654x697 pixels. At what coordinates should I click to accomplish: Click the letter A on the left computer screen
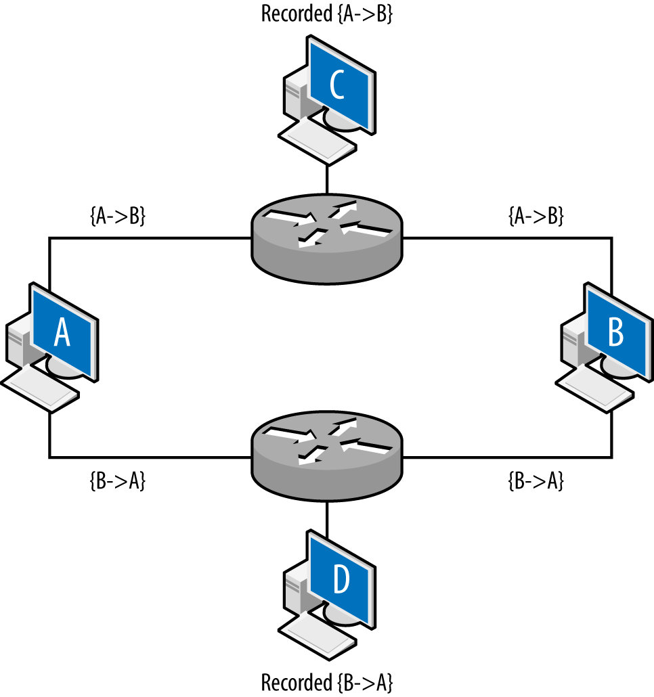62,332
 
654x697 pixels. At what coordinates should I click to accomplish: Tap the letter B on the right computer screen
615,332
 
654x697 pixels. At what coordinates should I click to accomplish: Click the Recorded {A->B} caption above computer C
327,14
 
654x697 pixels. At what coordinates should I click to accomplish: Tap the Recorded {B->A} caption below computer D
327,680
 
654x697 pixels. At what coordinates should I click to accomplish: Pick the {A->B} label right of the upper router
536,217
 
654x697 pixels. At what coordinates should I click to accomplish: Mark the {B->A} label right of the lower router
536,481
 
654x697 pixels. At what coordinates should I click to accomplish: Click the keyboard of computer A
41,390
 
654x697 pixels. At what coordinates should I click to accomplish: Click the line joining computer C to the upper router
327,179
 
